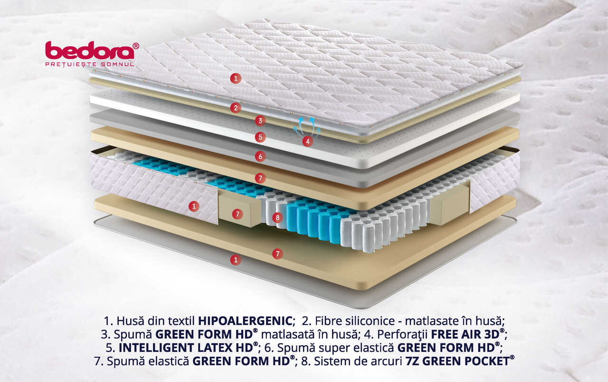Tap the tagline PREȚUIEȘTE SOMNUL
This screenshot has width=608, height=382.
[90, 64]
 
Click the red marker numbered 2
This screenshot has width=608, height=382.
[236, 108]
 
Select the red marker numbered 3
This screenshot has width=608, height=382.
[260, 121]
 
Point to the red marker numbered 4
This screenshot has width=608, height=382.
[307, 141]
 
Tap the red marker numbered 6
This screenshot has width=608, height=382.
[260, 157]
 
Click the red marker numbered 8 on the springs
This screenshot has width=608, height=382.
[277, 217]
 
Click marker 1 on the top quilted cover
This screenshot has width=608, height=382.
[236, 79]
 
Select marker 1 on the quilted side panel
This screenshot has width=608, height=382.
[194, 206]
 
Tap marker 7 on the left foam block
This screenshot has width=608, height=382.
[237, 214]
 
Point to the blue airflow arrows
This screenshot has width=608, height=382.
[307, 127]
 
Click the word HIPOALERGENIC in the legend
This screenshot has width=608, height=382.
[245, 321]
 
